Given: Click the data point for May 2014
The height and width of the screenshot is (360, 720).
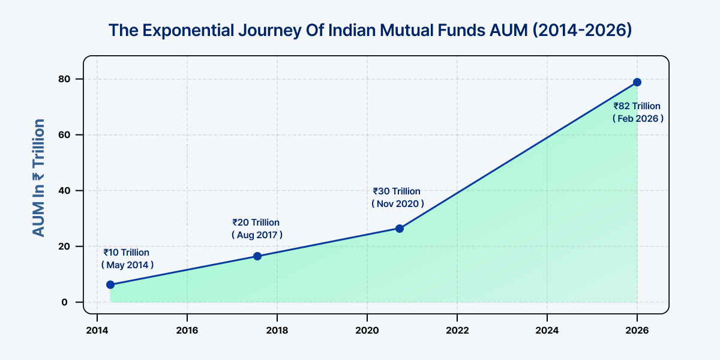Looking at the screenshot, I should [110, 284].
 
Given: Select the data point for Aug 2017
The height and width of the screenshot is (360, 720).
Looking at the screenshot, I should [257, 256].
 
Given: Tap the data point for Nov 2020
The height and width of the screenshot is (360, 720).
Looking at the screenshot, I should [400, 229].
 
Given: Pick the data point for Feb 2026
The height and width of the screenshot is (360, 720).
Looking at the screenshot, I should [637, 82].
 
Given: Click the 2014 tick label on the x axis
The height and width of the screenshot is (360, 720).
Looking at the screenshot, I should [97, 331].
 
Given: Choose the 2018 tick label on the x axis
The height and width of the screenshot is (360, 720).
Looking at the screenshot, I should [277, 331].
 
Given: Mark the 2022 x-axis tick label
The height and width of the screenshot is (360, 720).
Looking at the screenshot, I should [457, 331].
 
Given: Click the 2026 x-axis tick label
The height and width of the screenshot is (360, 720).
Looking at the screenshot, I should [637, 331].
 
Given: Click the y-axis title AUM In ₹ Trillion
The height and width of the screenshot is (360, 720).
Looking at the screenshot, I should [38, 178].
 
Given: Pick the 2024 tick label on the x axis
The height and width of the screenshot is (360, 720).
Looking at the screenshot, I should [547, 331].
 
